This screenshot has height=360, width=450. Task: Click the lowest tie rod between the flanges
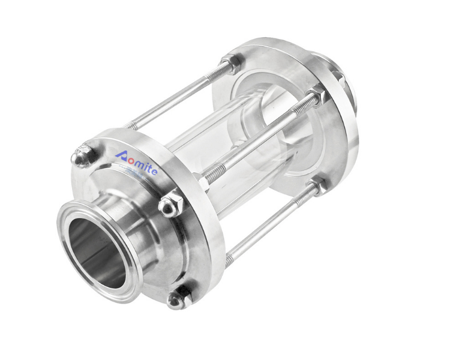pyautogui.click(x=270, y=222)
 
